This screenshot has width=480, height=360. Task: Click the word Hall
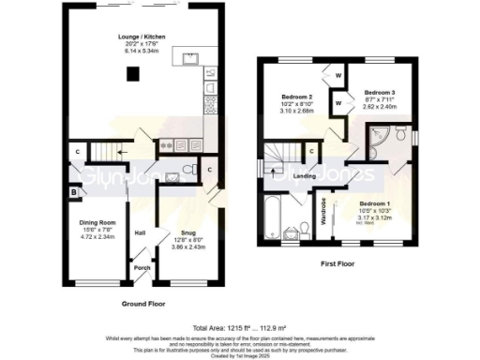pyautogui.click(x=140, y=233)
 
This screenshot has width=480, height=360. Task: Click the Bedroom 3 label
pyautogui.click(x=379, y=93)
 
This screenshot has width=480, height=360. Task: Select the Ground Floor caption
pyautogui.click(x=144, y=305)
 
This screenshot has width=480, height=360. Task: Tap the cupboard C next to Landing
pyautogui.click(x=310, y=152)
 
